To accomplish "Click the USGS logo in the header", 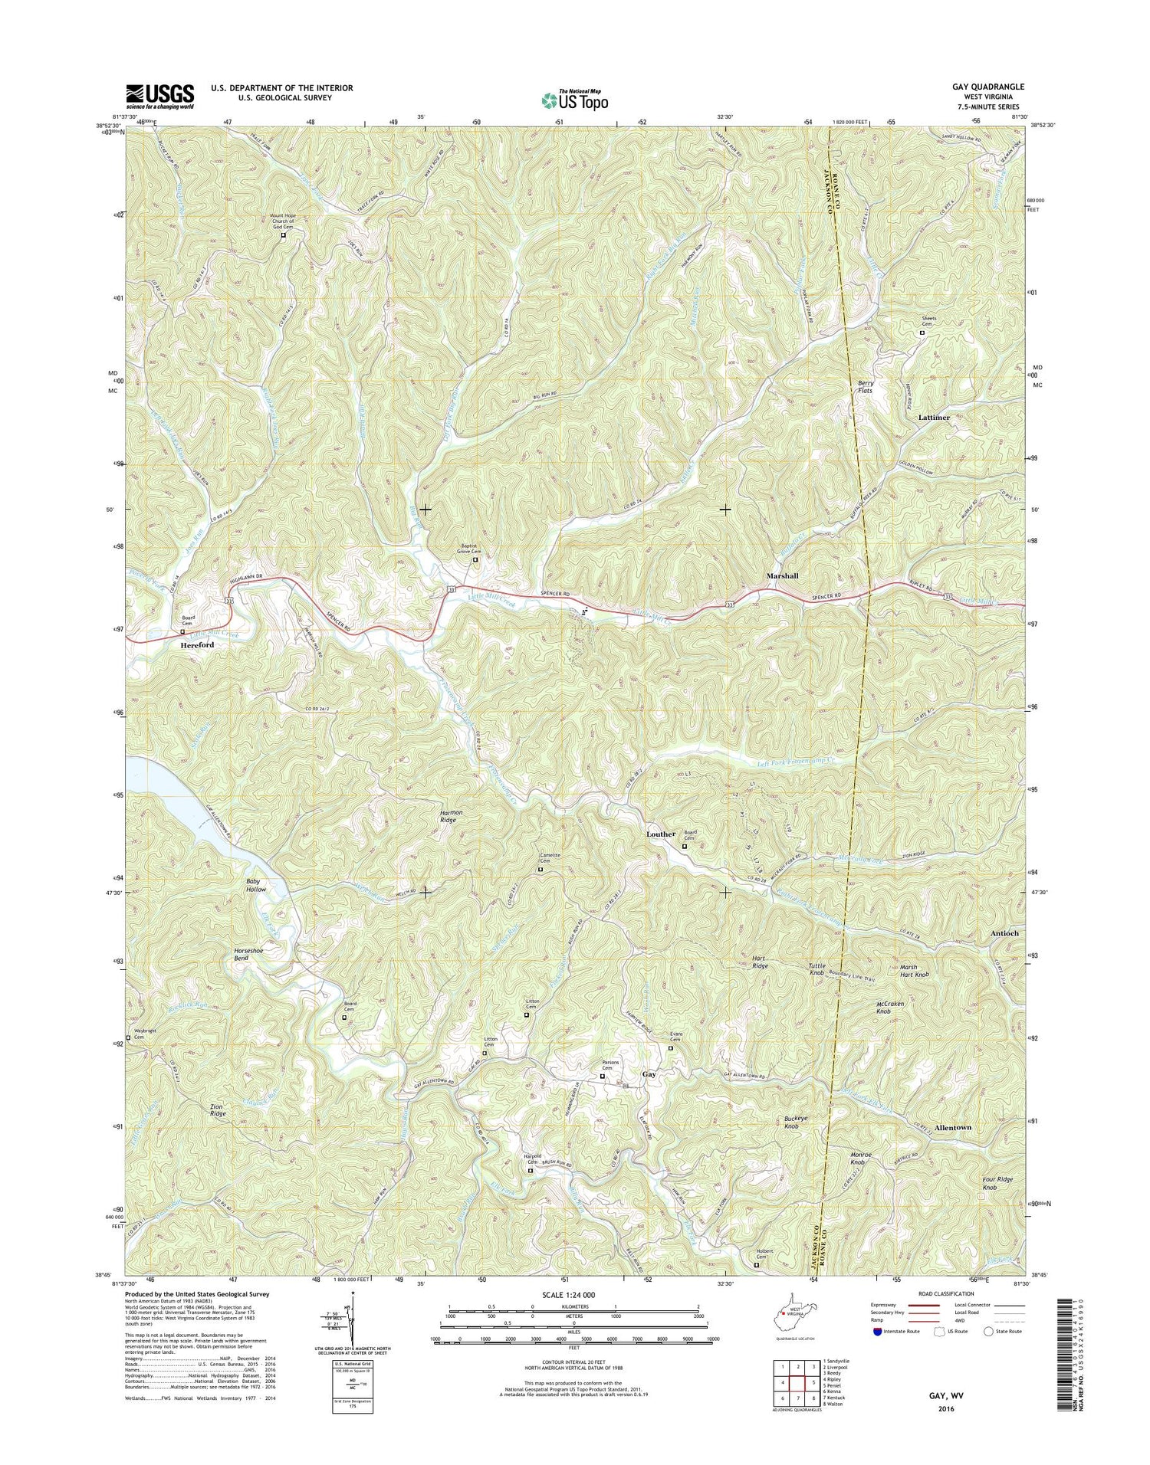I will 159,96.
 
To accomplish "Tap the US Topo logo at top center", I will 575,99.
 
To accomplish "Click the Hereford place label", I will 197,646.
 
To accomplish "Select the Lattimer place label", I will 933,418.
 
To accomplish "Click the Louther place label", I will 660,834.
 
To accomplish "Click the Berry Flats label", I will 866,386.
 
